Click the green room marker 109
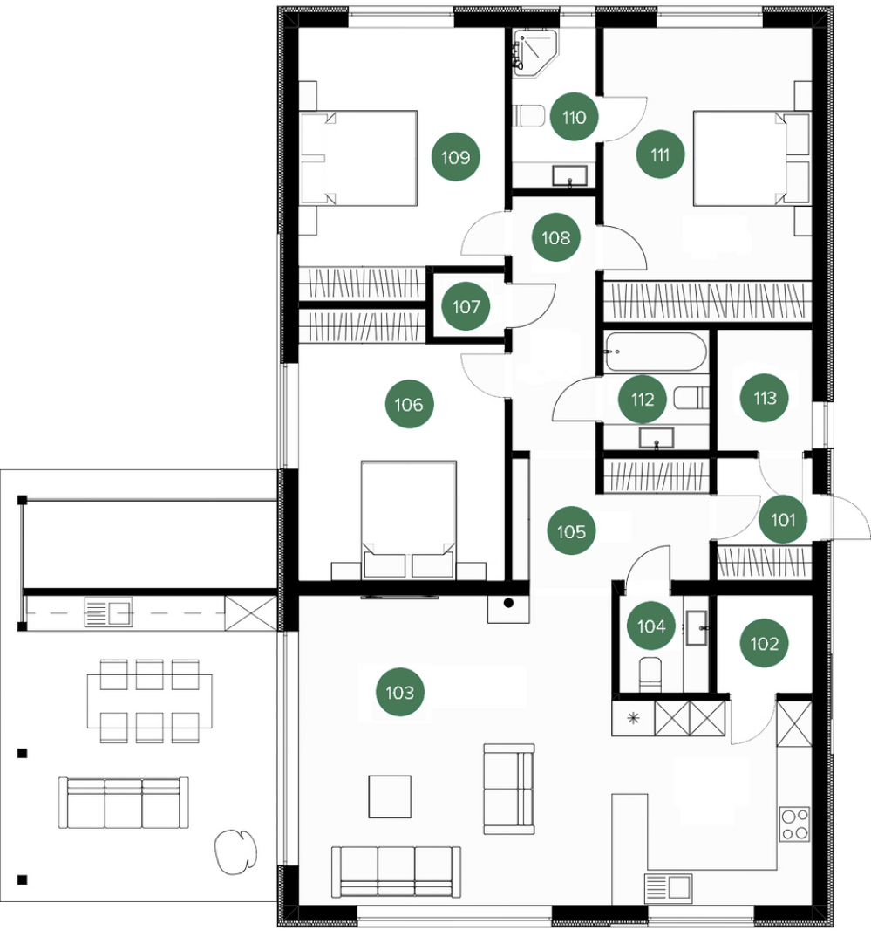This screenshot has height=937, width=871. tap(455, 157)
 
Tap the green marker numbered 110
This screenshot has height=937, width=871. tap(574, 117)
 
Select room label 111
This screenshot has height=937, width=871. tap(660, 154)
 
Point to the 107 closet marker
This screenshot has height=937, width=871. tap(466, 306)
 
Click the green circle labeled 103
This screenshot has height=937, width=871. tap(400, 693)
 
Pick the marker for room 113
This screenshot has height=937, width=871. tap(764, 397)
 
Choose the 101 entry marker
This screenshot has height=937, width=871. tap(783, 519)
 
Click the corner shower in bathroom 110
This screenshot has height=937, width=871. tap(535, 53)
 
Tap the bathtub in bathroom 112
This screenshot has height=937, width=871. tap(656, 352)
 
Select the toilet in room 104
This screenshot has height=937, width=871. tap(650, 674)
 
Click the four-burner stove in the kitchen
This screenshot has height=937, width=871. tap(794, 824)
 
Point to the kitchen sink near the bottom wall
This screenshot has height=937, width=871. tap(668, 887)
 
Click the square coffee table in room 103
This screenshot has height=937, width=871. tap(389, 796)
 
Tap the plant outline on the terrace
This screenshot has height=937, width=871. tap(235, 852)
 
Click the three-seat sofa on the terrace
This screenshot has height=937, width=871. tap(124, 803)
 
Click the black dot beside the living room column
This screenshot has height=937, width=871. tap(508, 603)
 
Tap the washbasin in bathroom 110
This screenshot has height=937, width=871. tap(569, 176)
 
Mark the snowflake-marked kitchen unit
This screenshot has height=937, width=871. tap(633, 718)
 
